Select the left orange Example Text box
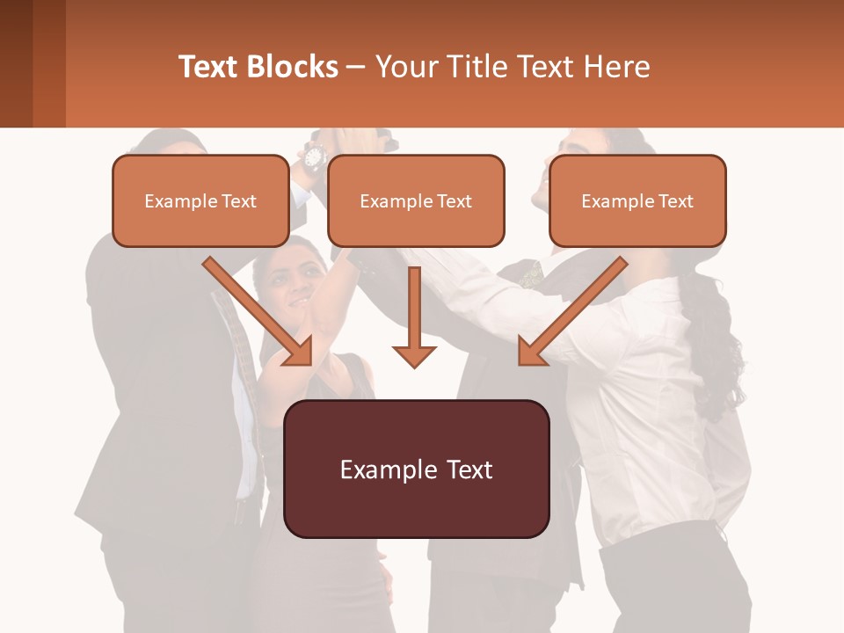coord(200,201)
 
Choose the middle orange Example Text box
coord(416,201)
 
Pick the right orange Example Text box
coord(637,201)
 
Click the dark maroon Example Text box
coord(416,469)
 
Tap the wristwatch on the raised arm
coord(313,157)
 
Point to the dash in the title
coord(356,67)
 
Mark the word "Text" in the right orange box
coord(675,201)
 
